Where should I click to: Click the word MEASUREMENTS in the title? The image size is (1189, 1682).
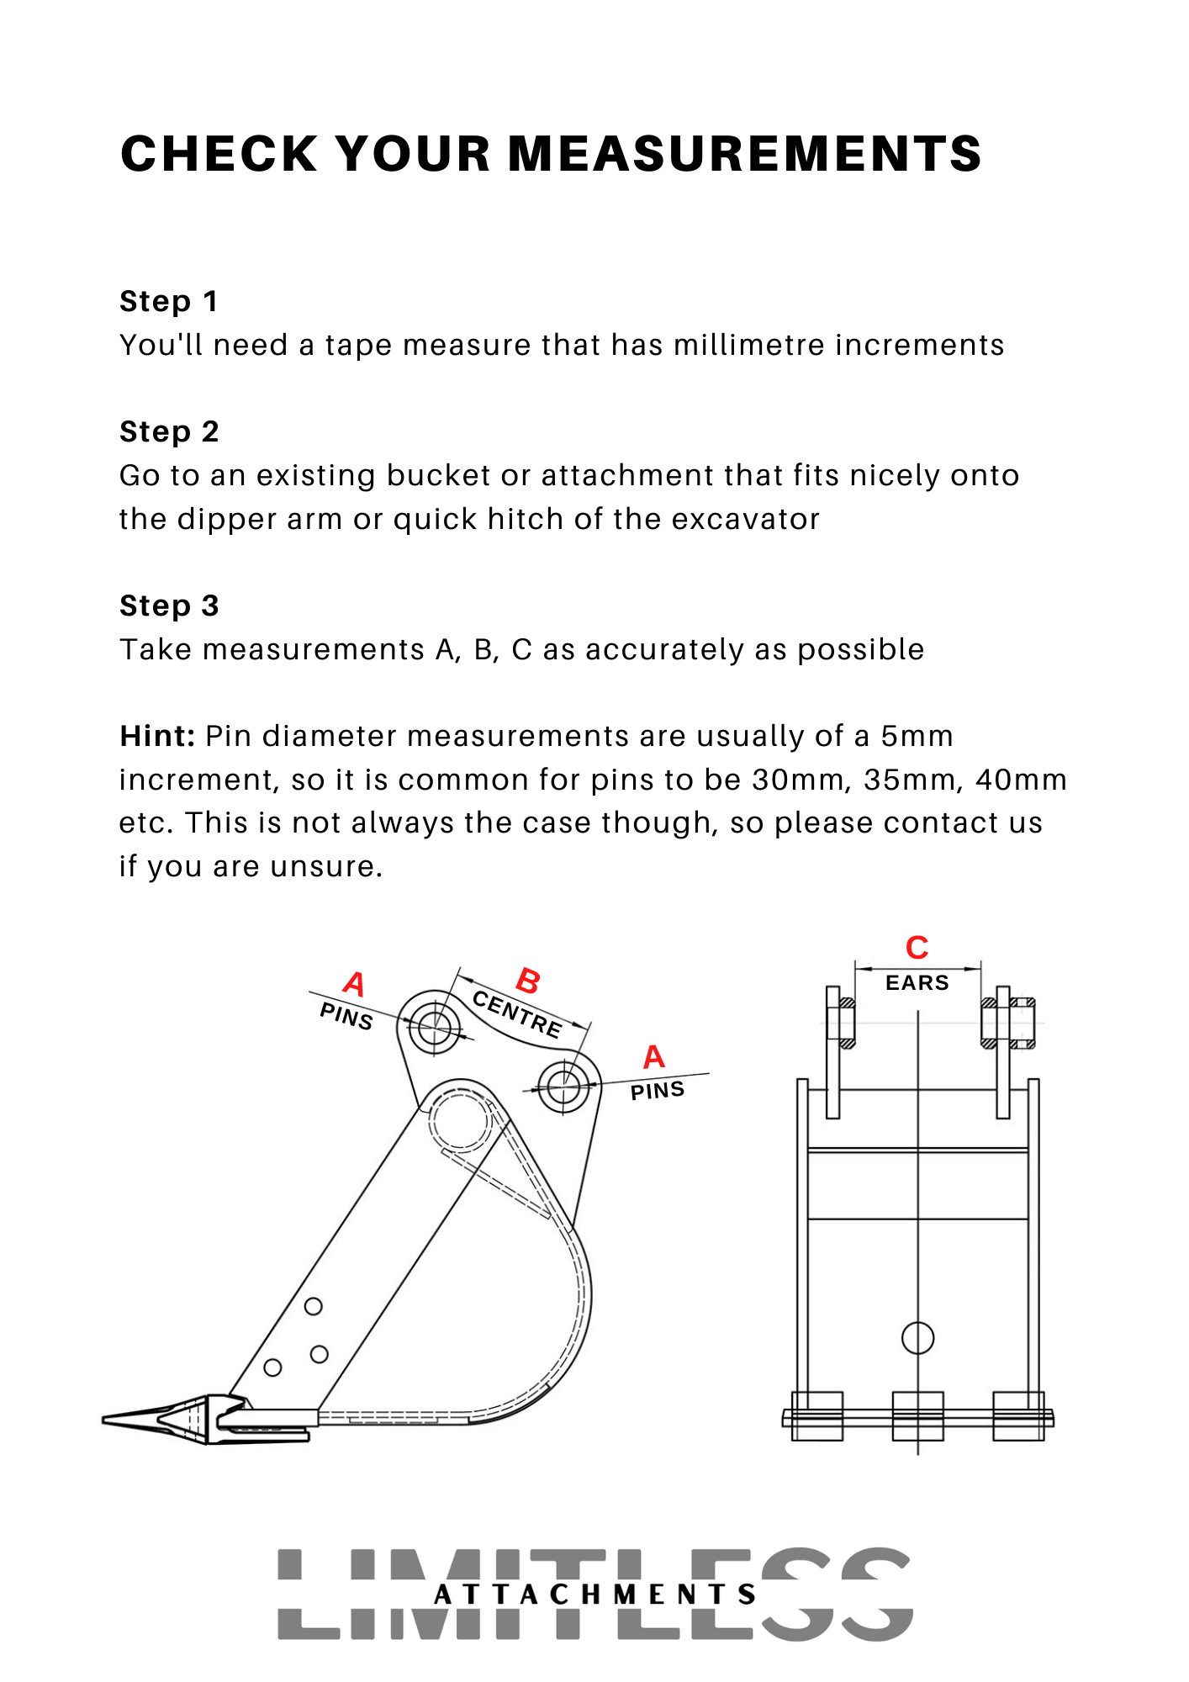pos(744,155)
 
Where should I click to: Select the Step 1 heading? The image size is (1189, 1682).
pos(169,301)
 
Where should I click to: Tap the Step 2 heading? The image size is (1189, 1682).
pos(169,431)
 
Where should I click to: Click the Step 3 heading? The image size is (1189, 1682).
pos(169,606)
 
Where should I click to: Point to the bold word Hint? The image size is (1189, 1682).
pos(157,736)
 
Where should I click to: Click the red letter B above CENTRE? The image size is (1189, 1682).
pos(528,981)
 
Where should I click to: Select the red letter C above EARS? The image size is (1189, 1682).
pos(917,948)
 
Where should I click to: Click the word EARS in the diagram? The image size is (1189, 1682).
pos(917,982)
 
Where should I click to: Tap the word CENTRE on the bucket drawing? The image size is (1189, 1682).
pos(517,1014)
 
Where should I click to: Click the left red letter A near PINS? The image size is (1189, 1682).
pos(355,984)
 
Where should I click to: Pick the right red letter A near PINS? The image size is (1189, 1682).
pos(654,1057)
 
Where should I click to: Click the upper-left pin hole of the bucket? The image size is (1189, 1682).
pos(434,1025)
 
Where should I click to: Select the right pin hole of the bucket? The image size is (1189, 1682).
pos(563,1086)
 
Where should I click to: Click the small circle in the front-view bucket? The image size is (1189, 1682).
pos(917,1337)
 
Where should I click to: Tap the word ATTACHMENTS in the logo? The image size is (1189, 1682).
pos(594,1595)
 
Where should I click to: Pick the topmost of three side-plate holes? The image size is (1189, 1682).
pos(313,1306)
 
